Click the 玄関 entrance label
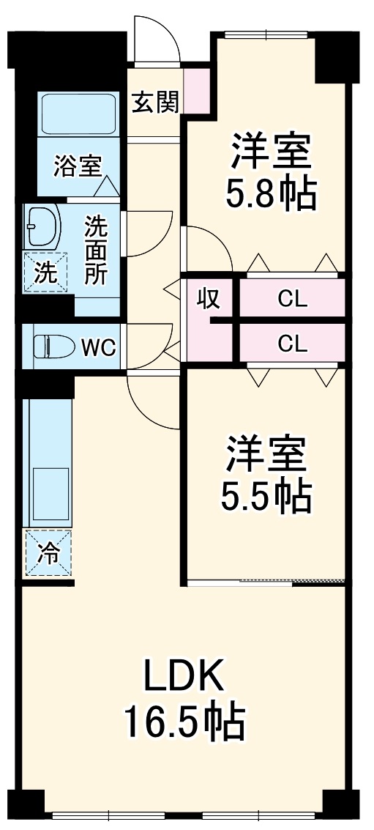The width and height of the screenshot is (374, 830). coord(154,103)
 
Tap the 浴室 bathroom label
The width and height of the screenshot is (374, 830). coord(77,166)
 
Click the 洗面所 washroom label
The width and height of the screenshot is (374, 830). coord(96,249)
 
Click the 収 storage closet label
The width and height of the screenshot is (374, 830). coord(209,299)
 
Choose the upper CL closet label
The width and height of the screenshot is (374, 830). coord(292,299)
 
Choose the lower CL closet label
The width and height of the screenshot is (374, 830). coord(292,343)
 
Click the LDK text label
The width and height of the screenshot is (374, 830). coord(183,678)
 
